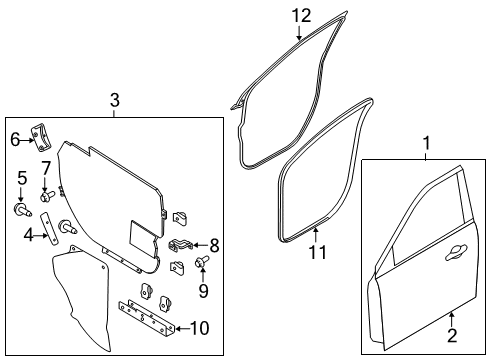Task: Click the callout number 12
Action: click(x=301, y=16)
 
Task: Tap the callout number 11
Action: click(x=318, y=252)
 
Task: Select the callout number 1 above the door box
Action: click(x=426, y=143)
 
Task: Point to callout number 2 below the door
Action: click(x=452, y=335)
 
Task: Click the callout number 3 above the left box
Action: click(x=114, y=100)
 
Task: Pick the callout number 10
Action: click(x=200, y=328)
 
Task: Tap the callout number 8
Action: click(x=214, y=246)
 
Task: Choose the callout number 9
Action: click(x=203, y=291)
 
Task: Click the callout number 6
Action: click(x=15, y=140)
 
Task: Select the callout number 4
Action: click(x=29, y=236)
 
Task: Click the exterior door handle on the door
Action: click(x=456, y=253)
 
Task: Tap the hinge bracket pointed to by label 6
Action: click(x=41, y=137)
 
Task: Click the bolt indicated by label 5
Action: click(x=22, y=210)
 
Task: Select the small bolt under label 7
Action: click(x=48, y=196)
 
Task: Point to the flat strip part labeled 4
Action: click(x=49, y=229)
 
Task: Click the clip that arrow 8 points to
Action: click(x=180, y=245)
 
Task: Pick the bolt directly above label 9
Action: click(x=202, y=261)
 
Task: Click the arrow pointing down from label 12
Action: click(x=299, y=33)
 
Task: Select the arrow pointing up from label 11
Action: click(x=315, y=234)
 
